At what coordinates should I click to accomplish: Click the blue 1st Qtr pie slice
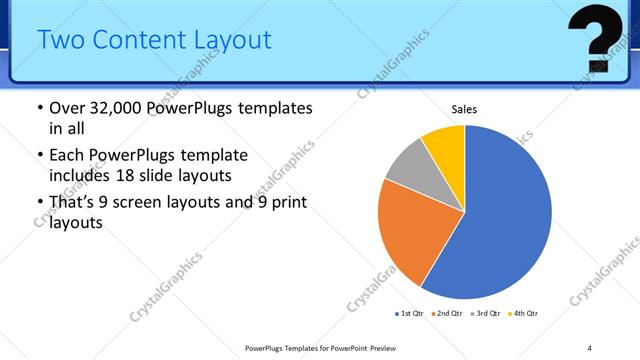[x=505, y=215]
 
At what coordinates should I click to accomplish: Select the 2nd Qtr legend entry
[x=446, y=314]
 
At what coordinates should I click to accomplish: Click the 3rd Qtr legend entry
[x=485, y=314]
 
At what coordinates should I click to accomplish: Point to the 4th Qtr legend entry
[x=524, y=314]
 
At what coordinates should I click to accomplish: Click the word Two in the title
[x=59, y=41]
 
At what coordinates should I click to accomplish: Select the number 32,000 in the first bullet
[x=119, y=108]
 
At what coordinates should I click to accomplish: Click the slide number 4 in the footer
[x=589, y=347]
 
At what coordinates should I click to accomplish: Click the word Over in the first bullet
[x=68, y=108]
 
